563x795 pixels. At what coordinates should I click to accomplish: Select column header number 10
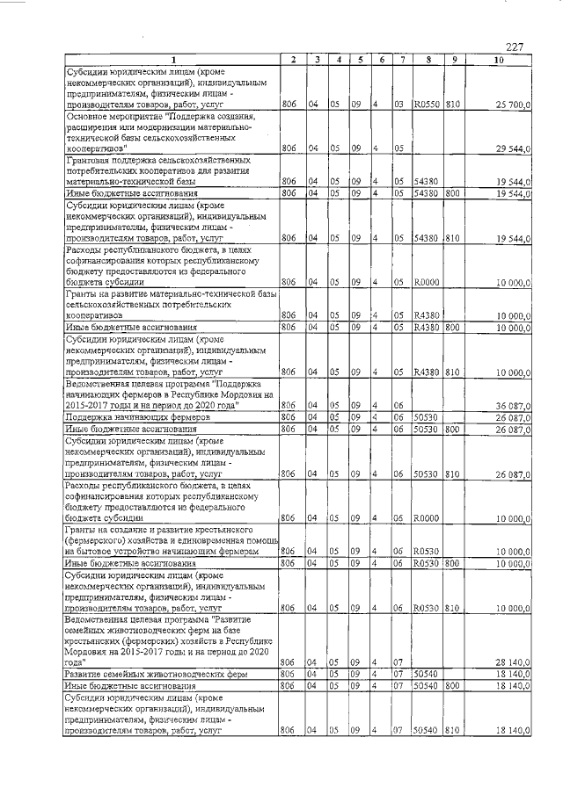click(499, 59)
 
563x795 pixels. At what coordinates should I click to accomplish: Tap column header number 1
click(172, 59)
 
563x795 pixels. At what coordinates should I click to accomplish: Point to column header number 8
click(427, 59)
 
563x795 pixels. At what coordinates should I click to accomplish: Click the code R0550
click(427, 105)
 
